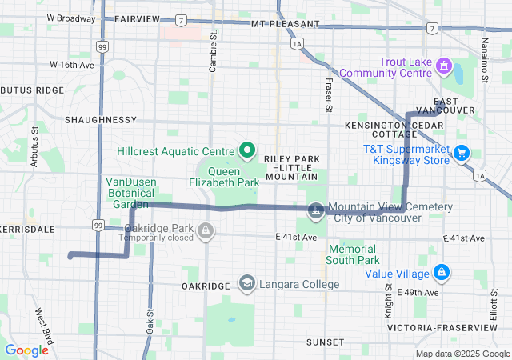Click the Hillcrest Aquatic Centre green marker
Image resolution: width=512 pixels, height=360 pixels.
tap(247, 150)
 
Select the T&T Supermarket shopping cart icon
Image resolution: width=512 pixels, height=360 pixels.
tap(462, 152)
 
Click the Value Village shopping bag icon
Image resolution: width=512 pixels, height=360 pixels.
tap(441, 272)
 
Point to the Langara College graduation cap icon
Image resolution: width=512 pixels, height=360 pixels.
tap(247, 284)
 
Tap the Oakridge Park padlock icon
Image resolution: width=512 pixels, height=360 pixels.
tap(206, 232)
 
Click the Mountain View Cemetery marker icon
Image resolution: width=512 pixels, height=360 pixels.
tap(316, 210)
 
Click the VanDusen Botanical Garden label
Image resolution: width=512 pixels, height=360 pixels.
tap(130, 193)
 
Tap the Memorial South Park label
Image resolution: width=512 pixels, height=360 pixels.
tap(353, 254)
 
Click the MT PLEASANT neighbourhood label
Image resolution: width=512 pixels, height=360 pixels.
tap(280, 25)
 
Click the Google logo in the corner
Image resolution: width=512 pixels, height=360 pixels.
tap(26, 350)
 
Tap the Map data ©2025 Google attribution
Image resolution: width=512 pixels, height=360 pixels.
tap(462, 354)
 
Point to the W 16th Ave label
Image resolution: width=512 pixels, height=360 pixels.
tap(72, 64)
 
